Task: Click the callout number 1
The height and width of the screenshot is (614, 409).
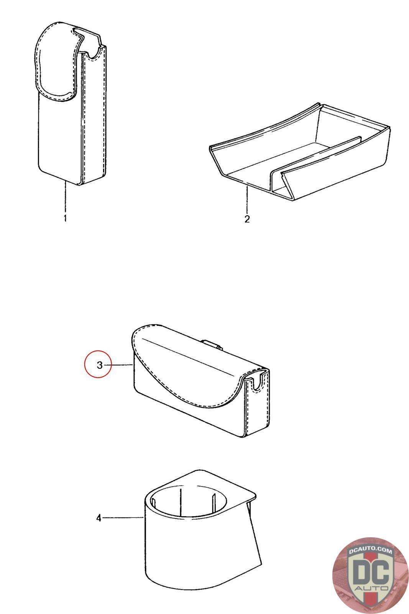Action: (65, 218)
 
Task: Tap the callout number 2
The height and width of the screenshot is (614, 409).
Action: (247, 219)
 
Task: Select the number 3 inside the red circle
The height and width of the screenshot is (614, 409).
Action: (100, 365)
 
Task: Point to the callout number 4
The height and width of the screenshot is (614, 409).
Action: (99, 518)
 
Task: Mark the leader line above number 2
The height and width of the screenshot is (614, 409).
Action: (247, 200)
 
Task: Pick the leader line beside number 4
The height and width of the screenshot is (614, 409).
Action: (123, 518)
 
